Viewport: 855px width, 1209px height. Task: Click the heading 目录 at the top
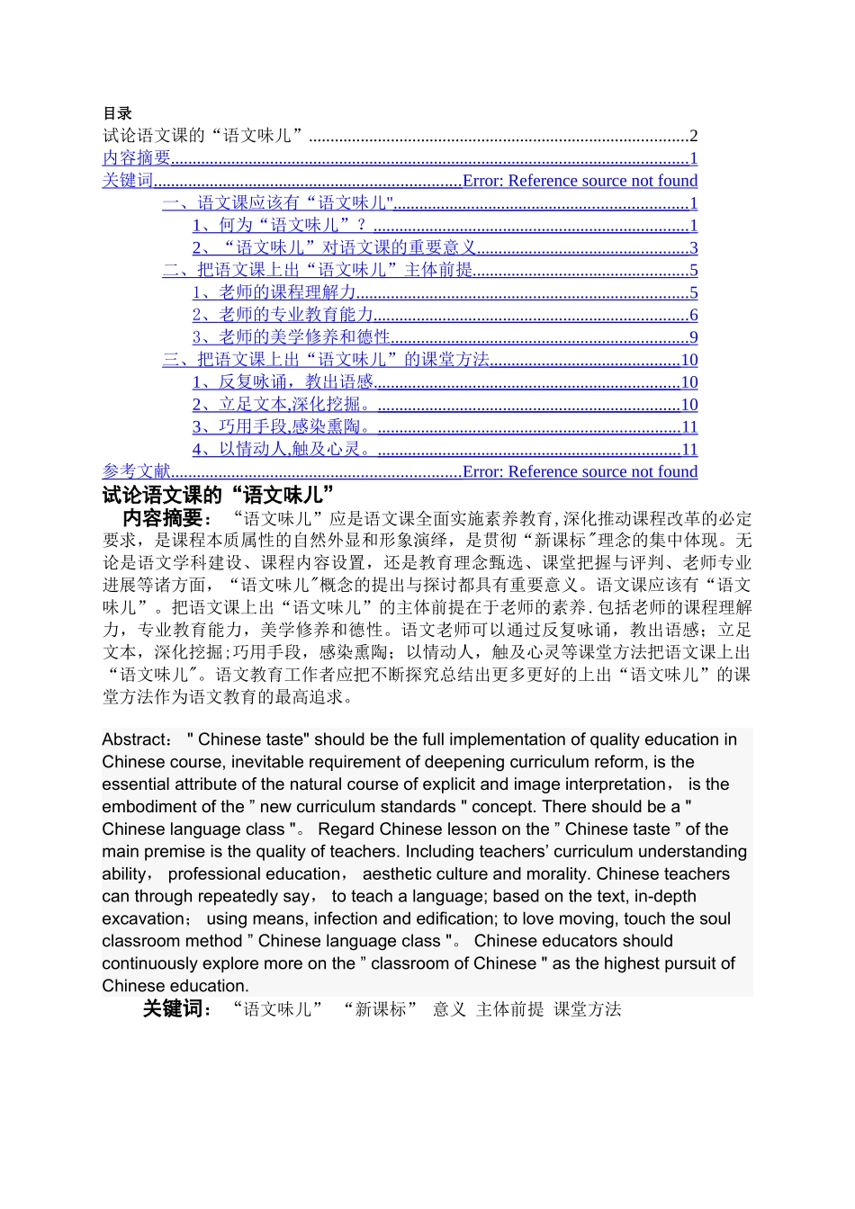(x=117, y=113)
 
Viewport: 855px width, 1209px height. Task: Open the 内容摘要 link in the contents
(x=137, y=158)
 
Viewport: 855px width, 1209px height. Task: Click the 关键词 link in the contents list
(x=128, y=181)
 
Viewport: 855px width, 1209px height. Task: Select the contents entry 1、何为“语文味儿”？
(x=280, y=226)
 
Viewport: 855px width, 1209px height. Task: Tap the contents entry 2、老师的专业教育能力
(x=283, y=315)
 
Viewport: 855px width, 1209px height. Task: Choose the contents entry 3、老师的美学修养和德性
(x=292, y=337)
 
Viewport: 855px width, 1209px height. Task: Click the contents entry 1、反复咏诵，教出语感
(x=283, y=382)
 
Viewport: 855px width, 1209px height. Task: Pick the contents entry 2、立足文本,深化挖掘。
(x=283, y=405)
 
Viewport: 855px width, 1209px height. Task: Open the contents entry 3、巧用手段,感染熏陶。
(x=283, y=427)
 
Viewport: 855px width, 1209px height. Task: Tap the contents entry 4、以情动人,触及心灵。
(x=283, y=450)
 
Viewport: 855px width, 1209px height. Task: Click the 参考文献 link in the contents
(x=137, y=471)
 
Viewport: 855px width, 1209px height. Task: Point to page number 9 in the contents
(x=693, y=338)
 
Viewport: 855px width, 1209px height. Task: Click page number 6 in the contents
(x=693, y=316)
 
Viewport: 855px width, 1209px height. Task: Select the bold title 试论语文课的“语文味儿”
(x=219, y=495)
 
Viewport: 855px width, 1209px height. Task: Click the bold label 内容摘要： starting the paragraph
(x=168, y=518)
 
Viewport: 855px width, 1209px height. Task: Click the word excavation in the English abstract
(x=143, y=919)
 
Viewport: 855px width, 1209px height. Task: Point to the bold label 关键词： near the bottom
(x=177, y=1009)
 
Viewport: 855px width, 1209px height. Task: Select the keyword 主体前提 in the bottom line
(x=509, y=1010)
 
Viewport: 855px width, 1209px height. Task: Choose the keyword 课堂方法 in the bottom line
(x=587, y=1010)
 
